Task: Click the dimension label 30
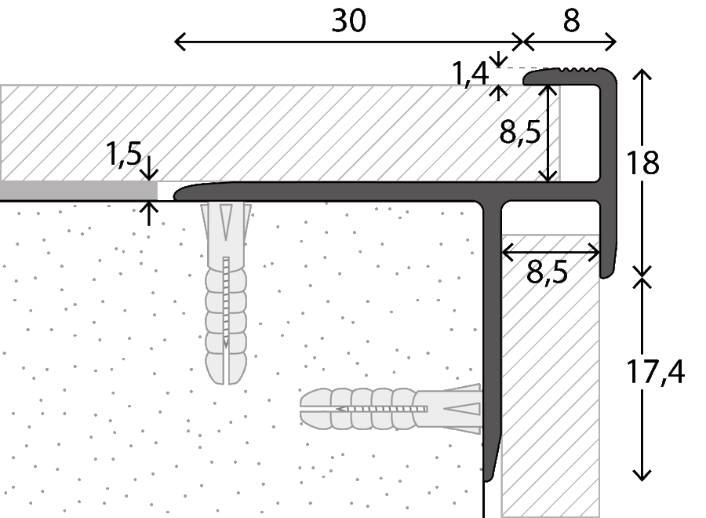tap(348, 20)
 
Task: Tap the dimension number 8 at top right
tap(571, 20)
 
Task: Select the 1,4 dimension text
tap(470, 74)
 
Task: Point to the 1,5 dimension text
tap(124, 154)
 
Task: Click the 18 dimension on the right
tap(642, 162)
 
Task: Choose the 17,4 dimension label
tap(655, 372)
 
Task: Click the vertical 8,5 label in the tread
tap(519, 133)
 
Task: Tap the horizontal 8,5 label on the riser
tap(547, 272)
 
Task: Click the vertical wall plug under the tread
tap(226, 293)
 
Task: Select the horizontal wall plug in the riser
tap(391, 409)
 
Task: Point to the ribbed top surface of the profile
tap(579, 70)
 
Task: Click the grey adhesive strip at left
tap(78, 191)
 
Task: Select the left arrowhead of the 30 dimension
tap(180, 42)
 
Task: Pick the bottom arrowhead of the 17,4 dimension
tap(642, 475)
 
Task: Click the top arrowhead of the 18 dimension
tap(642, 75)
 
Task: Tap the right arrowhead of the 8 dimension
tap(610, 42)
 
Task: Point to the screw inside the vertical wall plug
tap(226, 303)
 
